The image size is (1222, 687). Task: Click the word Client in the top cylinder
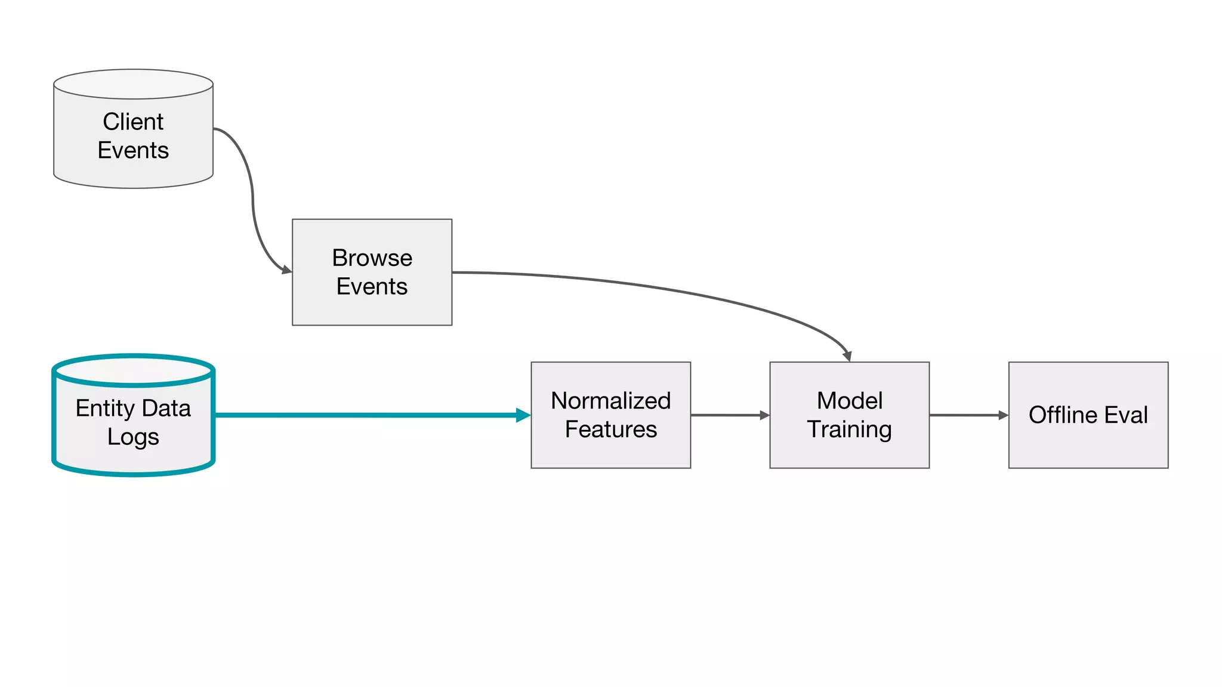(133, 122)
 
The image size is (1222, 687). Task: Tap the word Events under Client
(133, 150)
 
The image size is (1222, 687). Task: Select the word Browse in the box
(372, 258)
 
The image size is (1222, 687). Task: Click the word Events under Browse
(372, 287)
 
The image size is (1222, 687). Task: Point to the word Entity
(105, 409)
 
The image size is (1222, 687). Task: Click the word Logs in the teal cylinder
(133, 437)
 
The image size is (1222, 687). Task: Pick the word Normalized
(610, 401)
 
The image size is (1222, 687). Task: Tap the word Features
(610, 429)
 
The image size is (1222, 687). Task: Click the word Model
(849, 401)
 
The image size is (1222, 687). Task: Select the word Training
(849, 429)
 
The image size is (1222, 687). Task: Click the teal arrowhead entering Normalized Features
(523, 415)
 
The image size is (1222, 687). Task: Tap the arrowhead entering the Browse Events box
(286, 270)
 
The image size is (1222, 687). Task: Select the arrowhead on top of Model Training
(847, 356)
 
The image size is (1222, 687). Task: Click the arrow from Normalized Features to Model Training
(729, 415)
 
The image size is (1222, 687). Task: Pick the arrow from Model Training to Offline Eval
(968, 415)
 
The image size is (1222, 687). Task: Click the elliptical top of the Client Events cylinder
(133, 84)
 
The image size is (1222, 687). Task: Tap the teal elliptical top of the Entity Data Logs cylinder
(133, 370)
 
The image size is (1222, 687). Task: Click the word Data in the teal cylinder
(166, 409)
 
